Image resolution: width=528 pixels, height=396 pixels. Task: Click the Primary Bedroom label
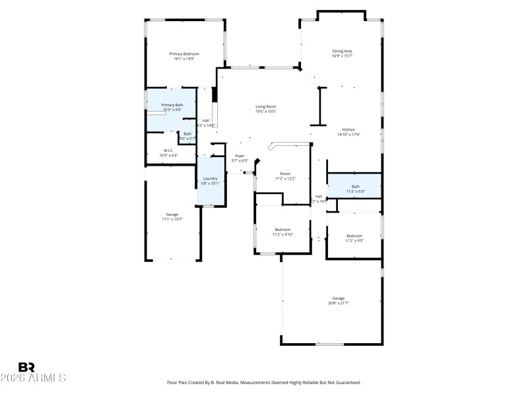(183, 53)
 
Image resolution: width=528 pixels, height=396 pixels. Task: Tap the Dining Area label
(342, 51)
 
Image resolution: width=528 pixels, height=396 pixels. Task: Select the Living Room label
(266, 106)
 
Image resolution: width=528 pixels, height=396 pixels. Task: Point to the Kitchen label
(348, 129)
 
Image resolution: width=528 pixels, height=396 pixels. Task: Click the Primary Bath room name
(172, 105)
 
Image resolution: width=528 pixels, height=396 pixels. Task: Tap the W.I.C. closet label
(168, 150)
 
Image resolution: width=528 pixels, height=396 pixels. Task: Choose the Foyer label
(240, 156)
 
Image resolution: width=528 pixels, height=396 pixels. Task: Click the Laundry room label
(210, 178)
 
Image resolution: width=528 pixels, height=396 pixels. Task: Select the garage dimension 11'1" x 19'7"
(172, 219)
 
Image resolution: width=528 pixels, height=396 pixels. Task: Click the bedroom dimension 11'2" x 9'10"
(282, 234)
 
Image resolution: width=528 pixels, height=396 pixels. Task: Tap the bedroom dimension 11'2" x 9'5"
(354, 241)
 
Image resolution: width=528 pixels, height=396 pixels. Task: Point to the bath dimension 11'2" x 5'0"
(355, 191)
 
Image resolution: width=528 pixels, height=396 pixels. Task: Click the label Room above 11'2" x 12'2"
(285, 174)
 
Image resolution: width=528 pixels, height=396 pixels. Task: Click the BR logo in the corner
(26, 367)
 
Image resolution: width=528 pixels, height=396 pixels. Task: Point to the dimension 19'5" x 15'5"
(266, 112)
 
